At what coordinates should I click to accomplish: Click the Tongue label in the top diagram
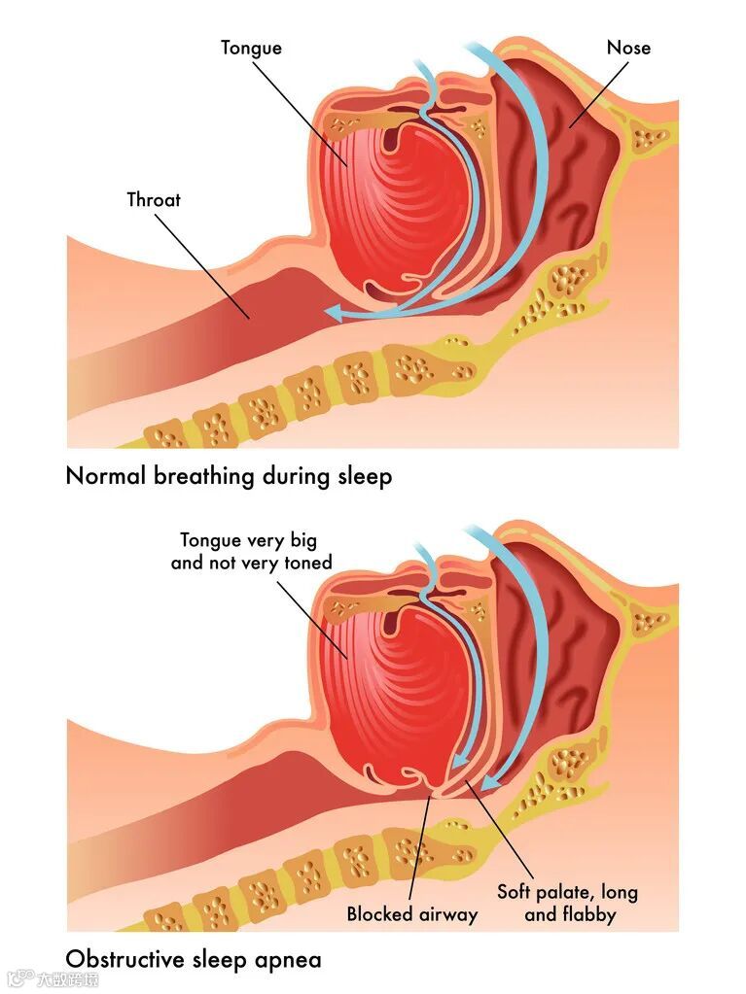coord(251,48)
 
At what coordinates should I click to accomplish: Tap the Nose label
coord(628,48)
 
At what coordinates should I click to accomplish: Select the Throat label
coord(154,200)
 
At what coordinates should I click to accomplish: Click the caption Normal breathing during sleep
coord(229,477)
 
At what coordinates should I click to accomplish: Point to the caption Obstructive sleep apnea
coord(193,960)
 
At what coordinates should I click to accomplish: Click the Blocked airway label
coord(412,914)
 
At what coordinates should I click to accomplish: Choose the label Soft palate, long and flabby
coord(568,903)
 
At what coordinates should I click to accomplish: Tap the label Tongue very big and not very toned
coord(251,551)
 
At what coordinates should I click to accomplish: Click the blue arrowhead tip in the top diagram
coord(328,312)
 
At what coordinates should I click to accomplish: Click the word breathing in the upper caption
coord(202,477)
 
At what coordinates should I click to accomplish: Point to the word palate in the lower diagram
coord(570,891)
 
